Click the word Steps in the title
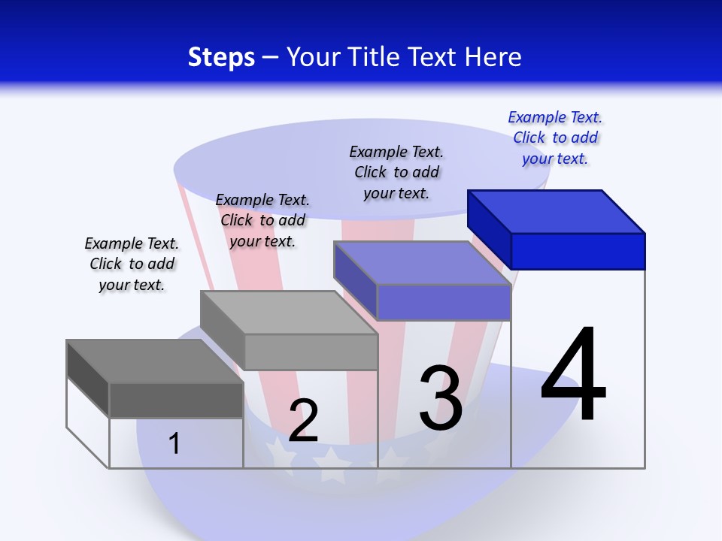pyautogui.click(x=221, y=57)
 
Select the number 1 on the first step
pyautogui.click(x=174, y=443)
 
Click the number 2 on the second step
pyautogui.click(x=303, y=421)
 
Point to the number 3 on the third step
pyautogui.click(x=441, y=398)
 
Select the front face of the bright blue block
pyautogui.click(x=578, y=251)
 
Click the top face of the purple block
pyautogui.click(x=422, y=263)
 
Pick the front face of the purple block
pyautogui.click(x=444, y=303)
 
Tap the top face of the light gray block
pyautogui.click(x=289, y=312)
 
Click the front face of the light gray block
pyautogui.click(x=311, y=352)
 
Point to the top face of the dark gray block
pyautogui.click(x=155, y=361)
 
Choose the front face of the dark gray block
pyautogui.click(x=176, y=400)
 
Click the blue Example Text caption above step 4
pyautogui.click(x=555, y=138)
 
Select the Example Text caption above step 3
pyautogui.click(x=396, y=172)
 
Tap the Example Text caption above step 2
pyautogui.click(x=262, y=220)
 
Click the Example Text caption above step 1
pyautogui.click(x=132, y=264)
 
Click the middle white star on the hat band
pyautogui.click(x=331, y=464)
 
